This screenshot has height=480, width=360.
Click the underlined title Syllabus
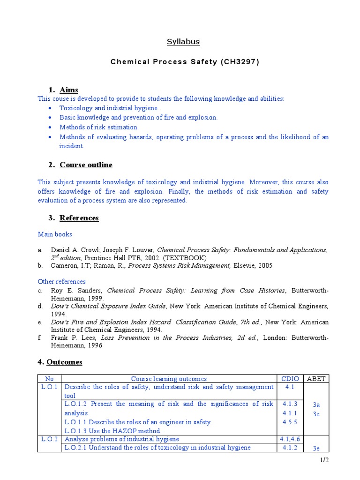pos(183,42)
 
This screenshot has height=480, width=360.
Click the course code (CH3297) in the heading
pos(239,62)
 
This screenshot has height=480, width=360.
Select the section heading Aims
pos(68,90)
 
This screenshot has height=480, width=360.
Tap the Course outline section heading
pos(86,165)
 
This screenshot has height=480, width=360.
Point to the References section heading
pos(79,218)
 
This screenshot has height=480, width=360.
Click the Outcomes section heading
pos(65,362)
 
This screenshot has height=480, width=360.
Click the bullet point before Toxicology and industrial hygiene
pos(50,108)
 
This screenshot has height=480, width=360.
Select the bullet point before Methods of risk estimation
pos(50,127)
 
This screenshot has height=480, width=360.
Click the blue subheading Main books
pos(55,234)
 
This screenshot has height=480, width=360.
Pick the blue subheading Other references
pos(61,282)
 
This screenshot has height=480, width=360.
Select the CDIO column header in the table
pos(289,379)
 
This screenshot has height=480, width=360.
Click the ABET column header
pos(316,379)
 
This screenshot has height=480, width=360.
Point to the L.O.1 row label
pos(49,387)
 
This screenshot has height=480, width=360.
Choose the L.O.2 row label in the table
pos(49,439)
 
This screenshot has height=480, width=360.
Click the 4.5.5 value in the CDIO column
pos(289,422)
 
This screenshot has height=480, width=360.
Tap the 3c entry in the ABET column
pos(316,414)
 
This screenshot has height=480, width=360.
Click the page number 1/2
pos(324,460)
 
